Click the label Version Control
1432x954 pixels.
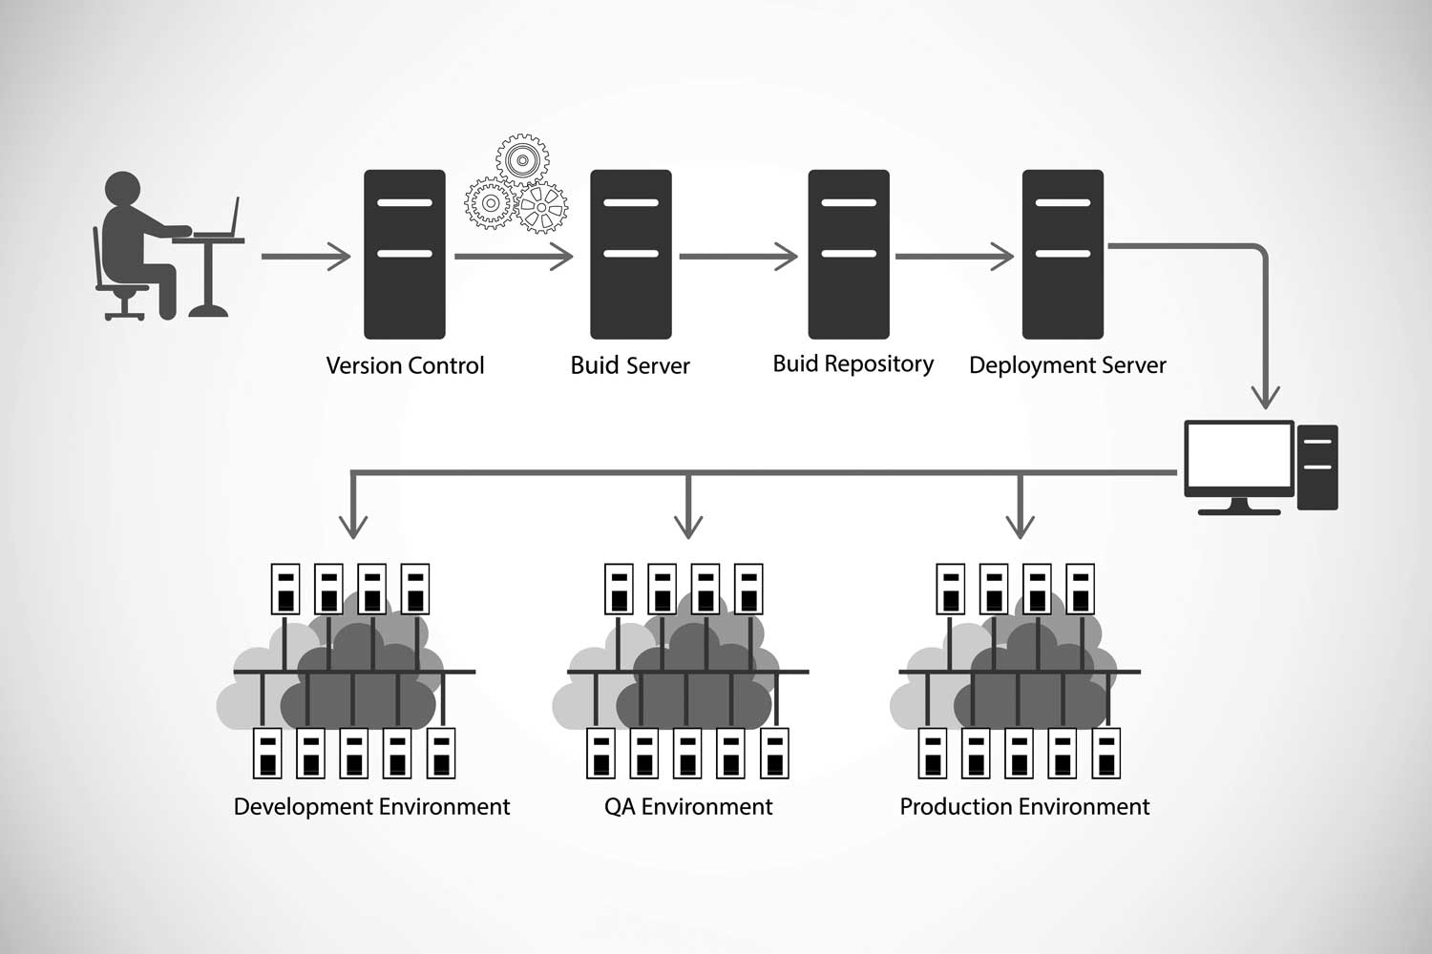point(405,365)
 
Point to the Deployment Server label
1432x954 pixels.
point(1067,365)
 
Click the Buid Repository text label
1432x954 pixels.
point(853,363)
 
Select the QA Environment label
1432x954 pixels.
point(688,807)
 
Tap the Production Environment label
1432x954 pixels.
point(1024,807)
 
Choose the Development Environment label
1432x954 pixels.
point(371,807)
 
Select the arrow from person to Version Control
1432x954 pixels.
point(305,257)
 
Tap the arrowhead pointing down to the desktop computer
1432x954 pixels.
point(1266,395)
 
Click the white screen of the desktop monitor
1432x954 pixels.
point(1238,456)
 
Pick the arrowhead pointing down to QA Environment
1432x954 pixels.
point(688,525)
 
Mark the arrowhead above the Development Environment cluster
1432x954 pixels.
point(353,525)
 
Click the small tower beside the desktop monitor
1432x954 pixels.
point(1317,467)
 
